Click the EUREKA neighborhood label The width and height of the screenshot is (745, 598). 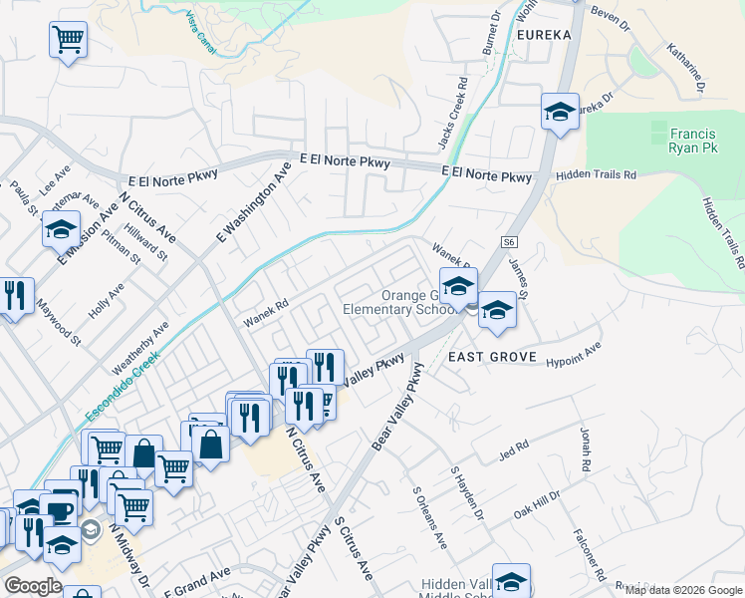pos(545,34)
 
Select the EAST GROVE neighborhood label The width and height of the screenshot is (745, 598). pos(492,357)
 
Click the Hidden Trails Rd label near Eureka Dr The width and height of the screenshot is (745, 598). pos(596,174)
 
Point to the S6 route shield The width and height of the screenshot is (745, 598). pos(510,242)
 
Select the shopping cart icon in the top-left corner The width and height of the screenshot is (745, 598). pos(68,41)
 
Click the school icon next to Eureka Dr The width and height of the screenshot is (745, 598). pos(560,111)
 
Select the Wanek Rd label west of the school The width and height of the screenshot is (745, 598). pos(267,310)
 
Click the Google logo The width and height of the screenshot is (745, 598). pos(33,586)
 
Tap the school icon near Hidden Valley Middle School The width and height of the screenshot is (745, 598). pos(511,581)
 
